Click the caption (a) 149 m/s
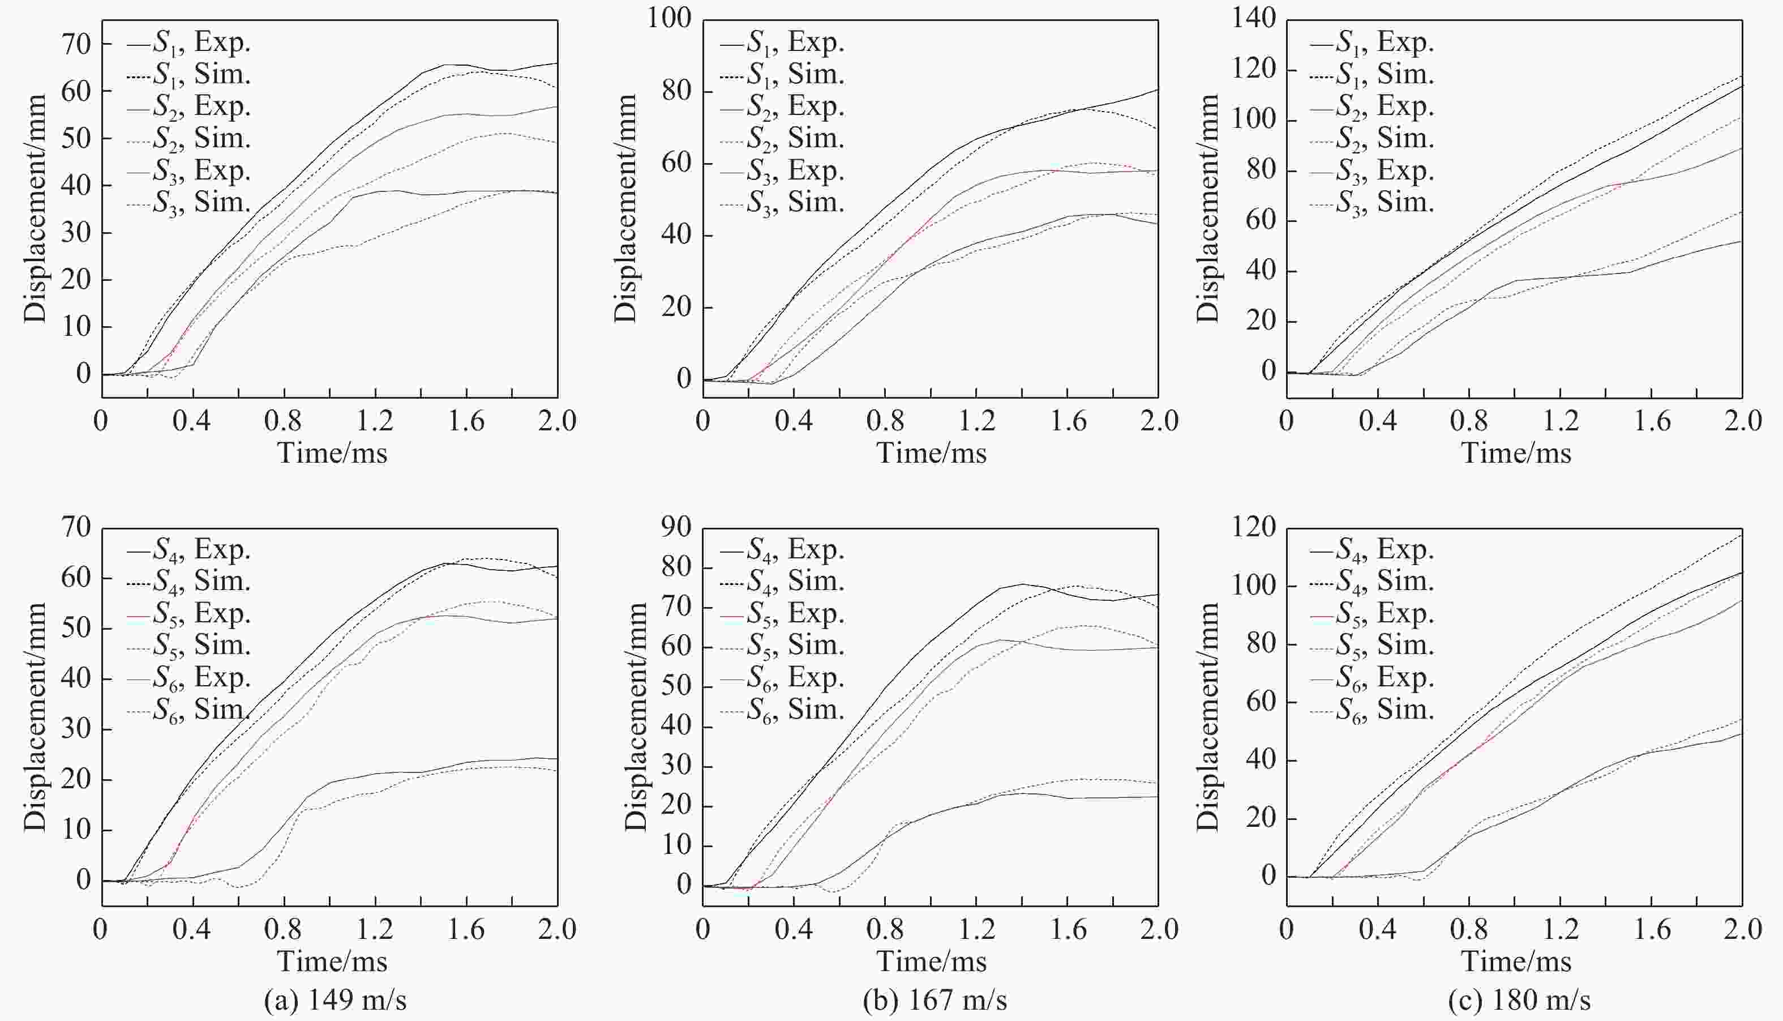click(335, 999)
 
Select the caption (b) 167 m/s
click(935, 999)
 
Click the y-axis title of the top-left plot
click(35, 208)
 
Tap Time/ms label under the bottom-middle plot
click(932, 962)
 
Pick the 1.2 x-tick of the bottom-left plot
click(375, 930)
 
